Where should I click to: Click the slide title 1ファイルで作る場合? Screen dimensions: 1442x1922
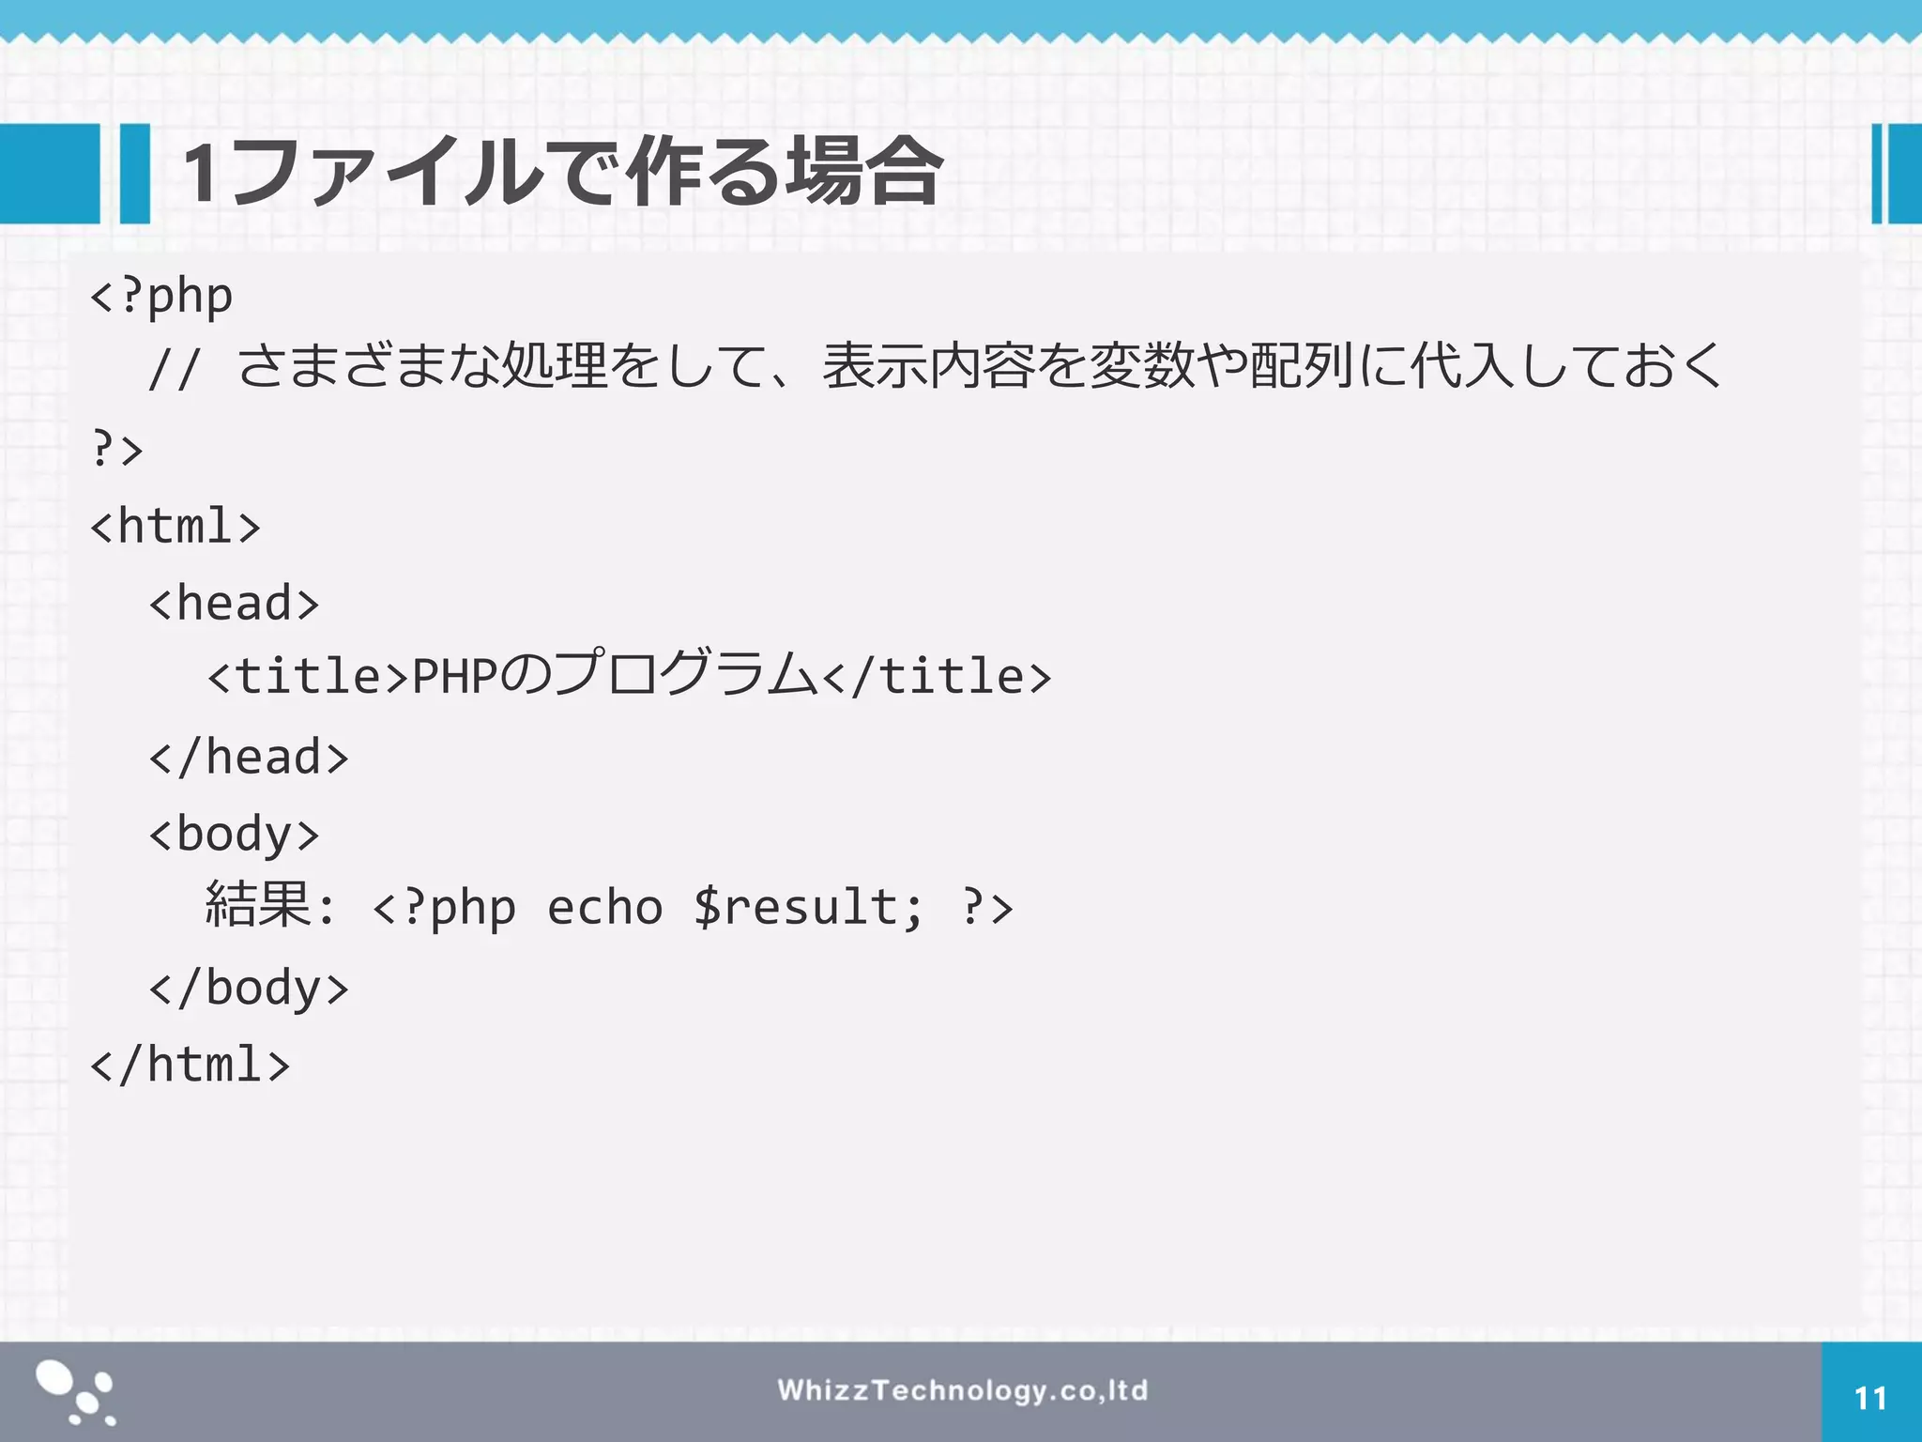561,172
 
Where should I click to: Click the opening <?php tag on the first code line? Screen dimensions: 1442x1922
161,297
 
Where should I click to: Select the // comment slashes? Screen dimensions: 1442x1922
174,369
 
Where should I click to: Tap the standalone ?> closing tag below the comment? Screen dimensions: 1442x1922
117,449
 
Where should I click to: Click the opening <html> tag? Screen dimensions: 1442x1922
175,526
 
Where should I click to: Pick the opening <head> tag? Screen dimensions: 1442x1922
234,603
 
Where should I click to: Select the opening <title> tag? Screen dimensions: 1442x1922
308,677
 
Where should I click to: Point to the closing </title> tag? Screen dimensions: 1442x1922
937,677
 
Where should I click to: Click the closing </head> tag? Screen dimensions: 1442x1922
249,757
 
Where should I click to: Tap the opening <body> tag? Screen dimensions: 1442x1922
234,835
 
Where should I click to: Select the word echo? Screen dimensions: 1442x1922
604,908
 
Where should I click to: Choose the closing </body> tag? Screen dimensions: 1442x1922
249,988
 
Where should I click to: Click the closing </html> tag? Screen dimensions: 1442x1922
190,1065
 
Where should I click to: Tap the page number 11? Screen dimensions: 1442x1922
1870,1399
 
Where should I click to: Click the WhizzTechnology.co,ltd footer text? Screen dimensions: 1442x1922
962,1390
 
